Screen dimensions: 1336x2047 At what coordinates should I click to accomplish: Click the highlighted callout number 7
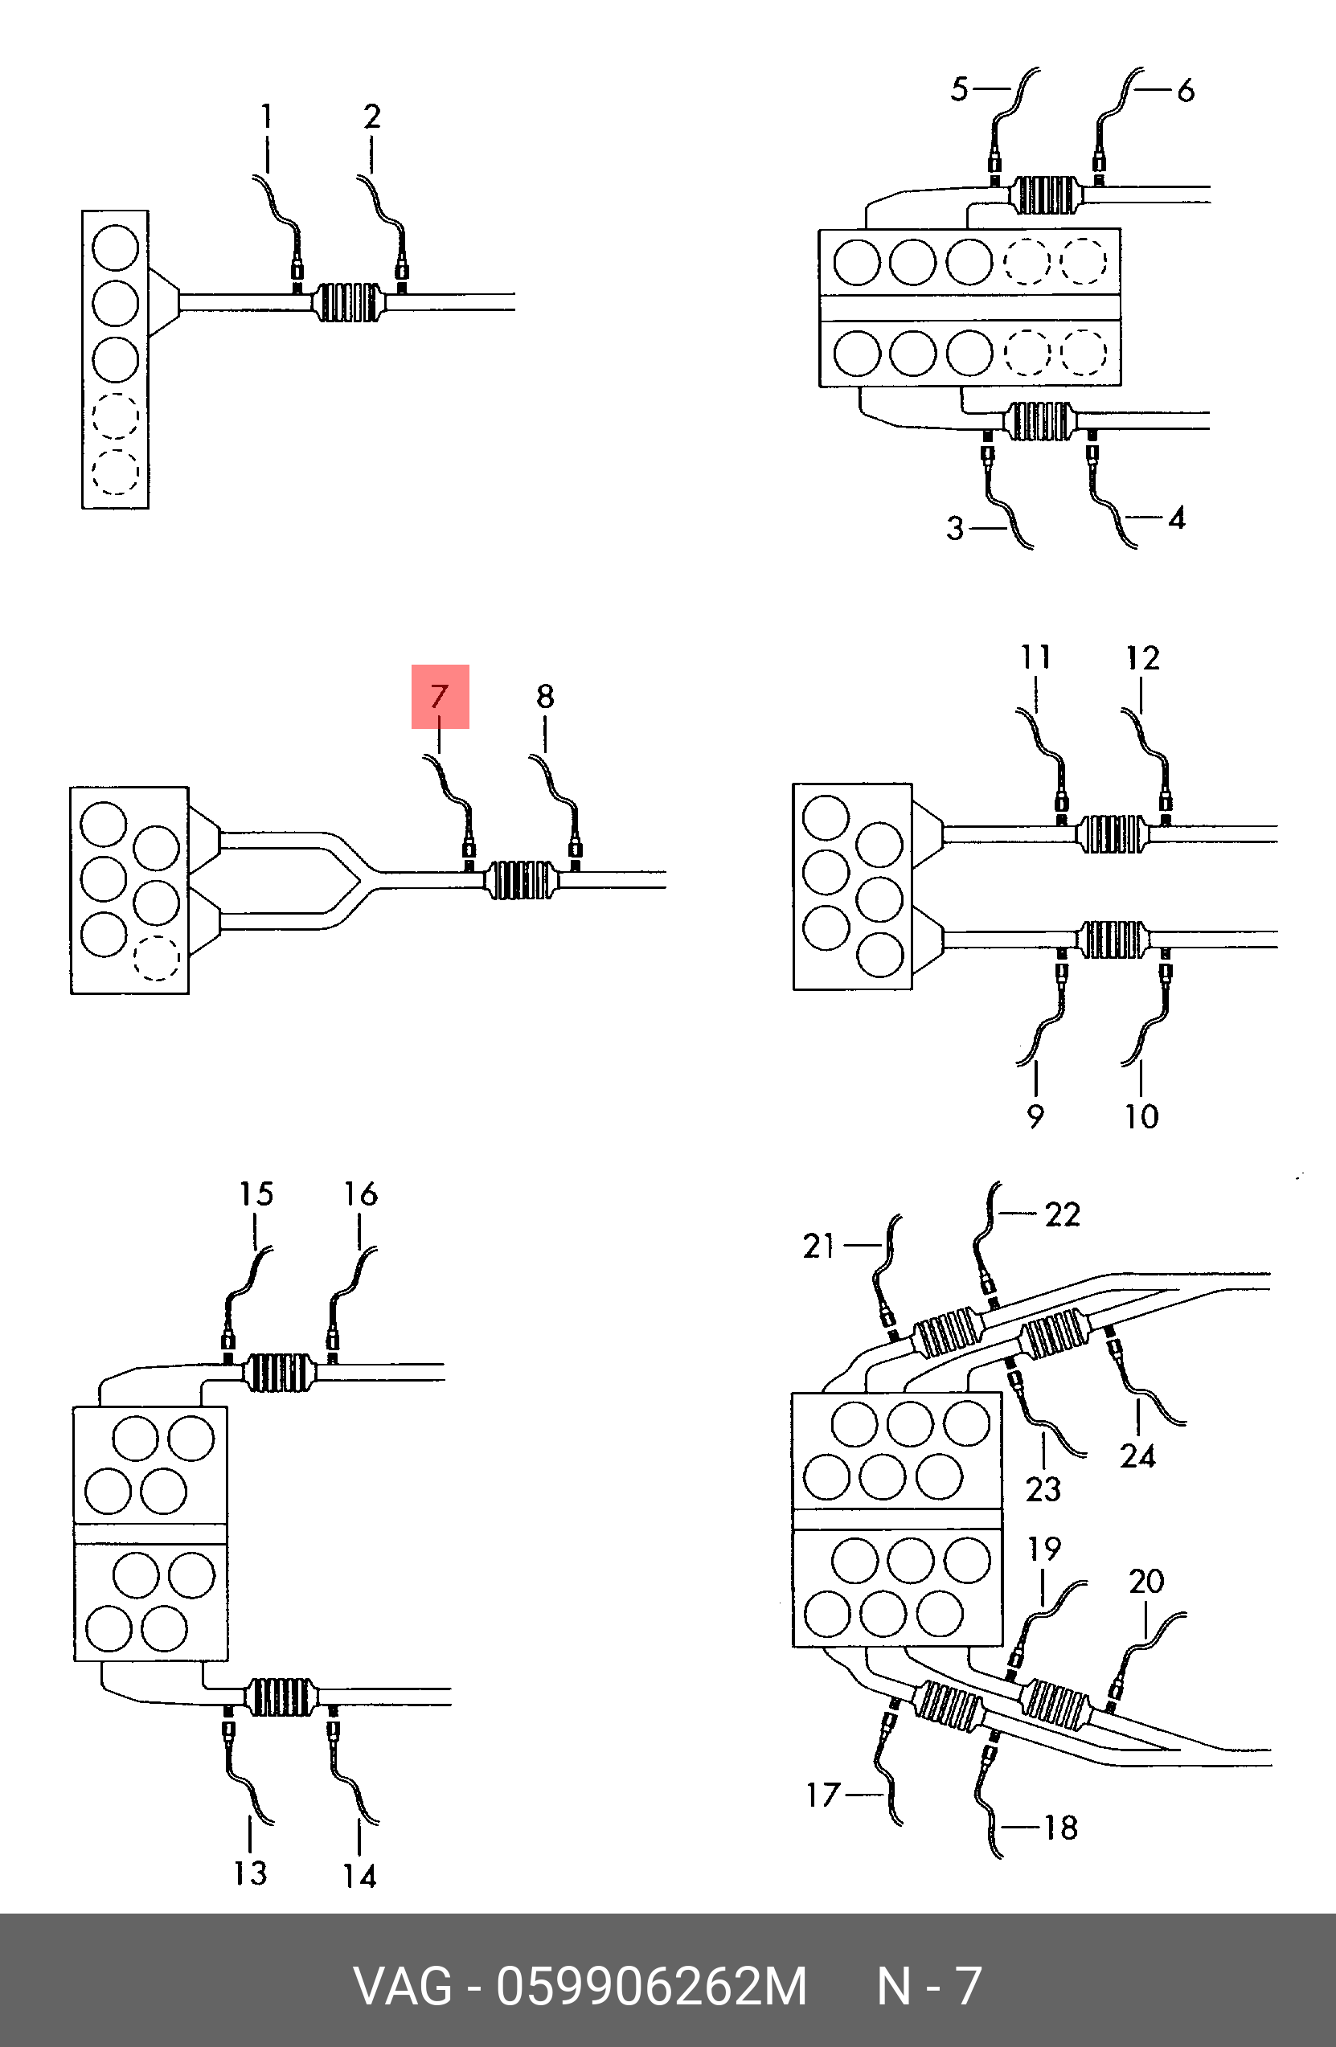click(440, 696)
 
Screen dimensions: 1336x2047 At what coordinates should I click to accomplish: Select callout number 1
click(267, 116)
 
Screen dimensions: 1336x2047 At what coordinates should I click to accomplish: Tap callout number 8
click(545, 696)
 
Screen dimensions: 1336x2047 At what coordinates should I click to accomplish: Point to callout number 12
click(1142, 658)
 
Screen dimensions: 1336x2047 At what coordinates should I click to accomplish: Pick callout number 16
click(360, 1193)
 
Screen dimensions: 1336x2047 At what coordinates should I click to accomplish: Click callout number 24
click(1137, 1456)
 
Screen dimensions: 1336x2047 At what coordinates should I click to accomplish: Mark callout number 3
click(955, 528)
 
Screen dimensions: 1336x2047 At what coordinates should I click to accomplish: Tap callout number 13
click(250, 1873)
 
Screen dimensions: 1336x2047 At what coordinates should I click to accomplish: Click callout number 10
click(1141, 1116)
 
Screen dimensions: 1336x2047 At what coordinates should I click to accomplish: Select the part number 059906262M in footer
click(651, 1986)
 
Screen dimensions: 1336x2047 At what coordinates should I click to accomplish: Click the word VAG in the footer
click(403, 1986)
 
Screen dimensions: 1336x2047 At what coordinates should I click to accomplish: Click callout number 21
click(819, 1247)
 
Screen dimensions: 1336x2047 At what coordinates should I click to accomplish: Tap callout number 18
click(1061, 1828)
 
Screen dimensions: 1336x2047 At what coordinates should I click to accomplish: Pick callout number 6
click(1186, 89)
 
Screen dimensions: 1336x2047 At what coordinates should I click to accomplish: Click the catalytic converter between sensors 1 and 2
click(347, 303)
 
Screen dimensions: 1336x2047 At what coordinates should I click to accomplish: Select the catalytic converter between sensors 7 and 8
click(520, 880)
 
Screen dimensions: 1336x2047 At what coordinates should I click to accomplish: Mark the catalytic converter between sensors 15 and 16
click(278, 1373)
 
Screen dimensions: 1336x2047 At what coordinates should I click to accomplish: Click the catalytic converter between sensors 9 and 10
click(1113, 940)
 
